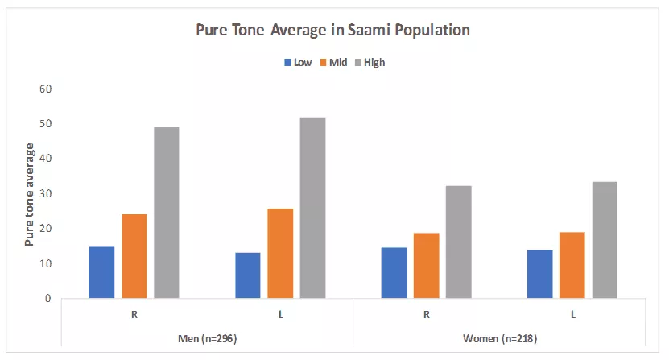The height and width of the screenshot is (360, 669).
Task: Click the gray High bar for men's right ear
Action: [167, 213]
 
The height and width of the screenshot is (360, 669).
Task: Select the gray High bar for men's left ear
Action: [312, 208]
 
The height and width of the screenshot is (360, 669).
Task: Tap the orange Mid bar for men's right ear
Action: [134, 256]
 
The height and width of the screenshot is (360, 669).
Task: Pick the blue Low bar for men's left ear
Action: [248, 275]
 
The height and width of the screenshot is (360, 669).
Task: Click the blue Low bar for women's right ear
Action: [394, 273]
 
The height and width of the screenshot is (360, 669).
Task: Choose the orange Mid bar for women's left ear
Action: [572, 265]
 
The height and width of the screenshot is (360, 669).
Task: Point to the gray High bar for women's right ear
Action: [459, 242]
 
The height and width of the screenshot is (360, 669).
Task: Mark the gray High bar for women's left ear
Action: [605, 240]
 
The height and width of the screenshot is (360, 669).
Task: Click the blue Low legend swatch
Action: [287, 62]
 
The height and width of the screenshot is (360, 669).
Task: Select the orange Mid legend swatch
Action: [324, 62]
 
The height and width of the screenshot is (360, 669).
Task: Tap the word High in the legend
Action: [374, 63]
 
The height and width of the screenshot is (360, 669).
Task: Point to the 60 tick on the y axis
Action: [45, 89]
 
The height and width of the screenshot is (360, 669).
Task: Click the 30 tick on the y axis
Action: [45, 193]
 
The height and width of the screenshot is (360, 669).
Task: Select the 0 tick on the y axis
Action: [47, 299]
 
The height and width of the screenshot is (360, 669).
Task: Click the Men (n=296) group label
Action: [208, 338]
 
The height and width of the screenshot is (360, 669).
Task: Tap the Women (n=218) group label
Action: [500, 338]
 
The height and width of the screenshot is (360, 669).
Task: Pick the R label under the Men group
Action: [134, 315]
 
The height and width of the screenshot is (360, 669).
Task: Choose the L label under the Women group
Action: [573, 315]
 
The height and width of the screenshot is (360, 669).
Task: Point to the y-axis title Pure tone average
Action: [29, 195]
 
